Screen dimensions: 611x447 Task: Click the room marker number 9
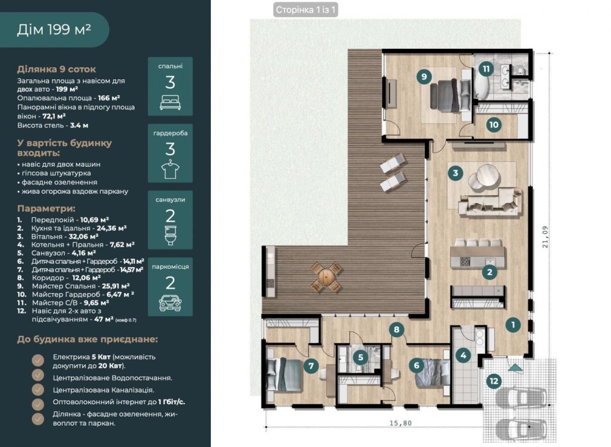tap(424, 76)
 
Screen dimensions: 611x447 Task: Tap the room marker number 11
tap(486, 69)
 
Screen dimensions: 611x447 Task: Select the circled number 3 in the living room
tap(455, 172)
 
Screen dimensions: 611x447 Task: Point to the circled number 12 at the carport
tap(494, 381)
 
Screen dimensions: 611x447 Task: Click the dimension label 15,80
tap(400, 423)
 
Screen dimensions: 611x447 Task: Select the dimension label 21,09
tap(545, 237)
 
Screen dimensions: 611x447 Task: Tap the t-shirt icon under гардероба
tap(170, 169)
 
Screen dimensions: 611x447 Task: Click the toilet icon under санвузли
tap(170, 236)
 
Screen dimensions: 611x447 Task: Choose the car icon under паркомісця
tap(170, 302)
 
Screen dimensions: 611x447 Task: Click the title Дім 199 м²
tap(54, 29)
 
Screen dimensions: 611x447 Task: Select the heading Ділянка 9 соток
tap(56, 69)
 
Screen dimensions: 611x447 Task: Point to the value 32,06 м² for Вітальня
tap(83, 236)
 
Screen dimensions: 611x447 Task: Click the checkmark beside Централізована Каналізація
tap(38, 390)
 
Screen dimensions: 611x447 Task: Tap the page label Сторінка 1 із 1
tap(305, 10)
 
